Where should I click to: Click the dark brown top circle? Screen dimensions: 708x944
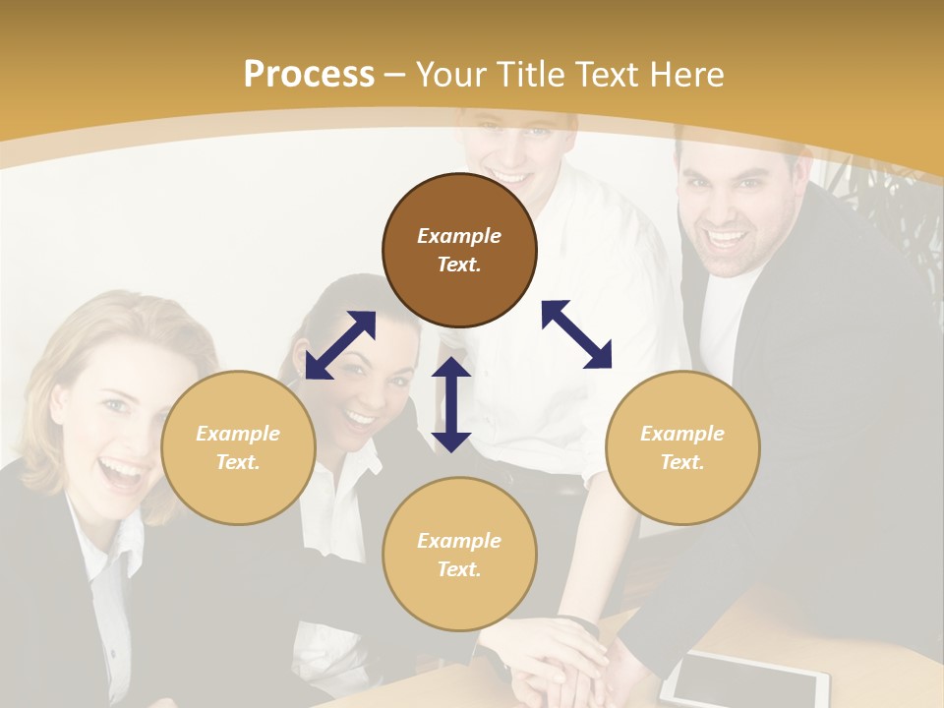[459, 250]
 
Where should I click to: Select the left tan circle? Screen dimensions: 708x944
[238, 447]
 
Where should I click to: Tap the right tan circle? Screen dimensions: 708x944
[682, 447]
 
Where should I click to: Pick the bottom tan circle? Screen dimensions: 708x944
[459, 555]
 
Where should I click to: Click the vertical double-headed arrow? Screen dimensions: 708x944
[451, 404]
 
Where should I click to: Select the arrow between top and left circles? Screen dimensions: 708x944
[340, 345]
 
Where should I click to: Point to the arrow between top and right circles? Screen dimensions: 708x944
[577, 334]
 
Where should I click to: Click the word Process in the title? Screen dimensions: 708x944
[309, 74]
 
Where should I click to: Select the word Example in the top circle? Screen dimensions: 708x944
[459, 236]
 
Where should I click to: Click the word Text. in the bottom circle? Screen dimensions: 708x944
[459, 569]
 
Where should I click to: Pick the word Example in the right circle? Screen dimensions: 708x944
[682, 434]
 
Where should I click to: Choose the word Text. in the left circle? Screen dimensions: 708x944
[238, 462]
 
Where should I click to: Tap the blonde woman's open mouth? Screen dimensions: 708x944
[123, 473]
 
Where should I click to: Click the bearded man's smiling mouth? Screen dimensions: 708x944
[727, 239]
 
